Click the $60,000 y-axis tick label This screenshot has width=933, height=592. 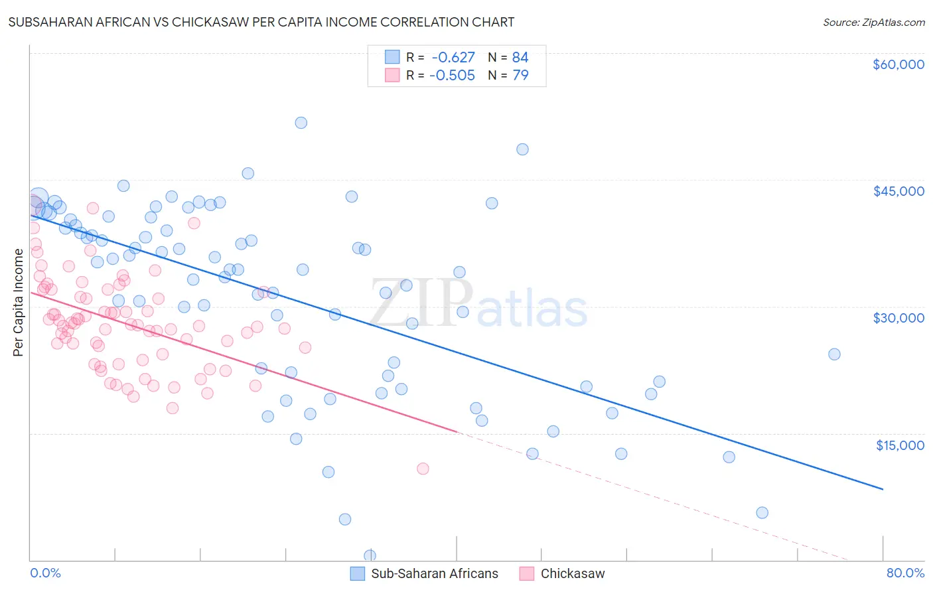coord(898,64)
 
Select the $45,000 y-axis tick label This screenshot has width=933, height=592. coord(898,191)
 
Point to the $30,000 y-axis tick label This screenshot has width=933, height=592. coord(898,318)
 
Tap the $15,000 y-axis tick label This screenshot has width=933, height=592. coord(900,445)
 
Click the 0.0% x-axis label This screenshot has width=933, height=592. coord(45,573)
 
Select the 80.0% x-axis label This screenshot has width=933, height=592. coord(905,573)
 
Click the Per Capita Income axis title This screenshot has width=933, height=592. coord(19,303)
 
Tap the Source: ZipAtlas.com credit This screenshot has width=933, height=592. coord(873,22)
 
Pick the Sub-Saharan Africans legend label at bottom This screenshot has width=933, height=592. coord(434,574)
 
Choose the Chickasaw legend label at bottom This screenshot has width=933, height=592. coord(572,574)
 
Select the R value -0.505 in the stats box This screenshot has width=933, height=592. coord(452,76)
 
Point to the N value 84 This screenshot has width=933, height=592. coord(520,58)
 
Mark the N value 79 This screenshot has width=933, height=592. coord(520,76)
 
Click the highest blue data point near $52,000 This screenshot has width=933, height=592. coord(301,123)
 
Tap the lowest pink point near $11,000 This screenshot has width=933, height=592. coord(423,469)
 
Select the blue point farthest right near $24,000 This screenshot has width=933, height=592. coord(834,354)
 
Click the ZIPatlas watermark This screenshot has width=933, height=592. coord(478,303)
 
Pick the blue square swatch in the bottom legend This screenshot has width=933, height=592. coord(358,574)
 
